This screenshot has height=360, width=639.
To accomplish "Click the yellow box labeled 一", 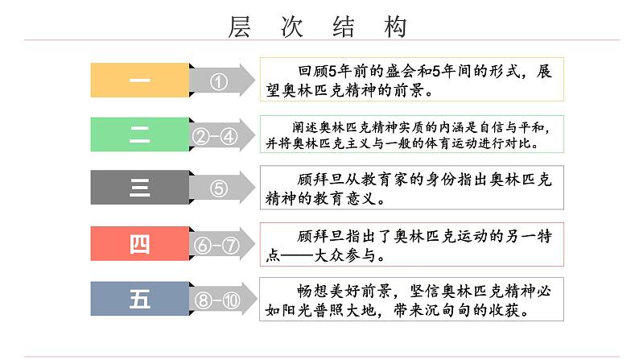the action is [x=138, y=81].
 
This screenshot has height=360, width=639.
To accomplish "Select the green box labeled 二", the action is [x=138, y=135].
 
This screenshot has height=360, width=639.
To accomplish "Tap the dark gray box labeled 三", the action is [x=138, y=190].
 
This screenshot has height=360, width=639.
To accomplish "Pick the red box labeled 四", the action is [x=138, y=245].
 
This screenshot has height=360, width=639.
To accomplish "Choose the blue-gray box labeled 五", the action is [x=138, y=300].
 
